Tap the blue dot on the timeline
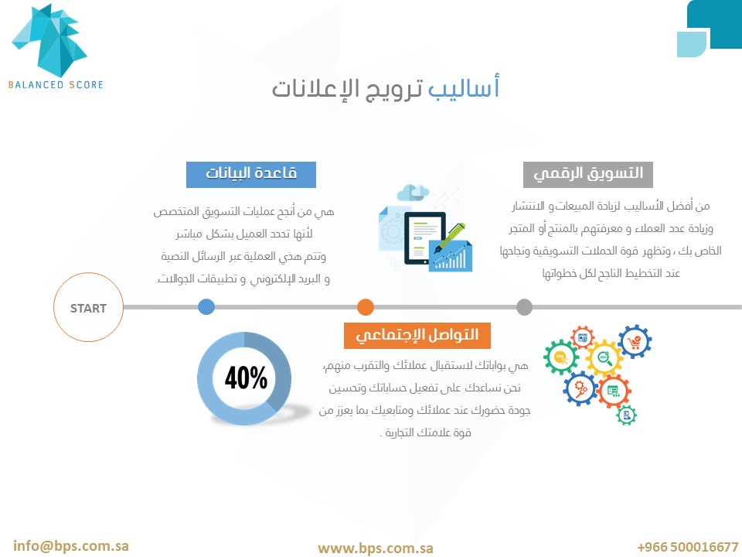tap(206, 307)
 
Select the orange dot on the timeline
tap(366, 307)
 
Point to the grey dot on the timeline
tap(524, 307)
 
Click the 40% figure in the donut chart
tap(246, 378)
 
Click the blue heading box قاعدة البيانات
tap(250, 175)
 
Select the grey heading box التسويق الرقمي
tap(588, 175)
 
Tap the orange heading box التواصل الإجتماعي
tap(417, 336)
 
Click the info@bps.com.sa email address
tap(71, 545)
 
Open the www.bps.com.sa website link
tap(376, 548)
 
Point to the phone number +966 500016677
tap(688, 547)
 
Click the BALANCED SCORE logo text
tap(56, 85)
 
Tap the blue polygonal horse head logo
tap(49, 40)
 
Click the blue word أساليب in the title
tap(464, 87)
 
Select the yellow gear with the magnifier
tap(604, 358)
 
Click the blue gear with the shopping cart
tap(635, 341)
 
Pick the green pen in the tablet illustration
tap(450, 237)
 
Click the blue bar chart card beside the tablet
tap(450, 256)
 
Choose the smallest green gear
tap(627, 415)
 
